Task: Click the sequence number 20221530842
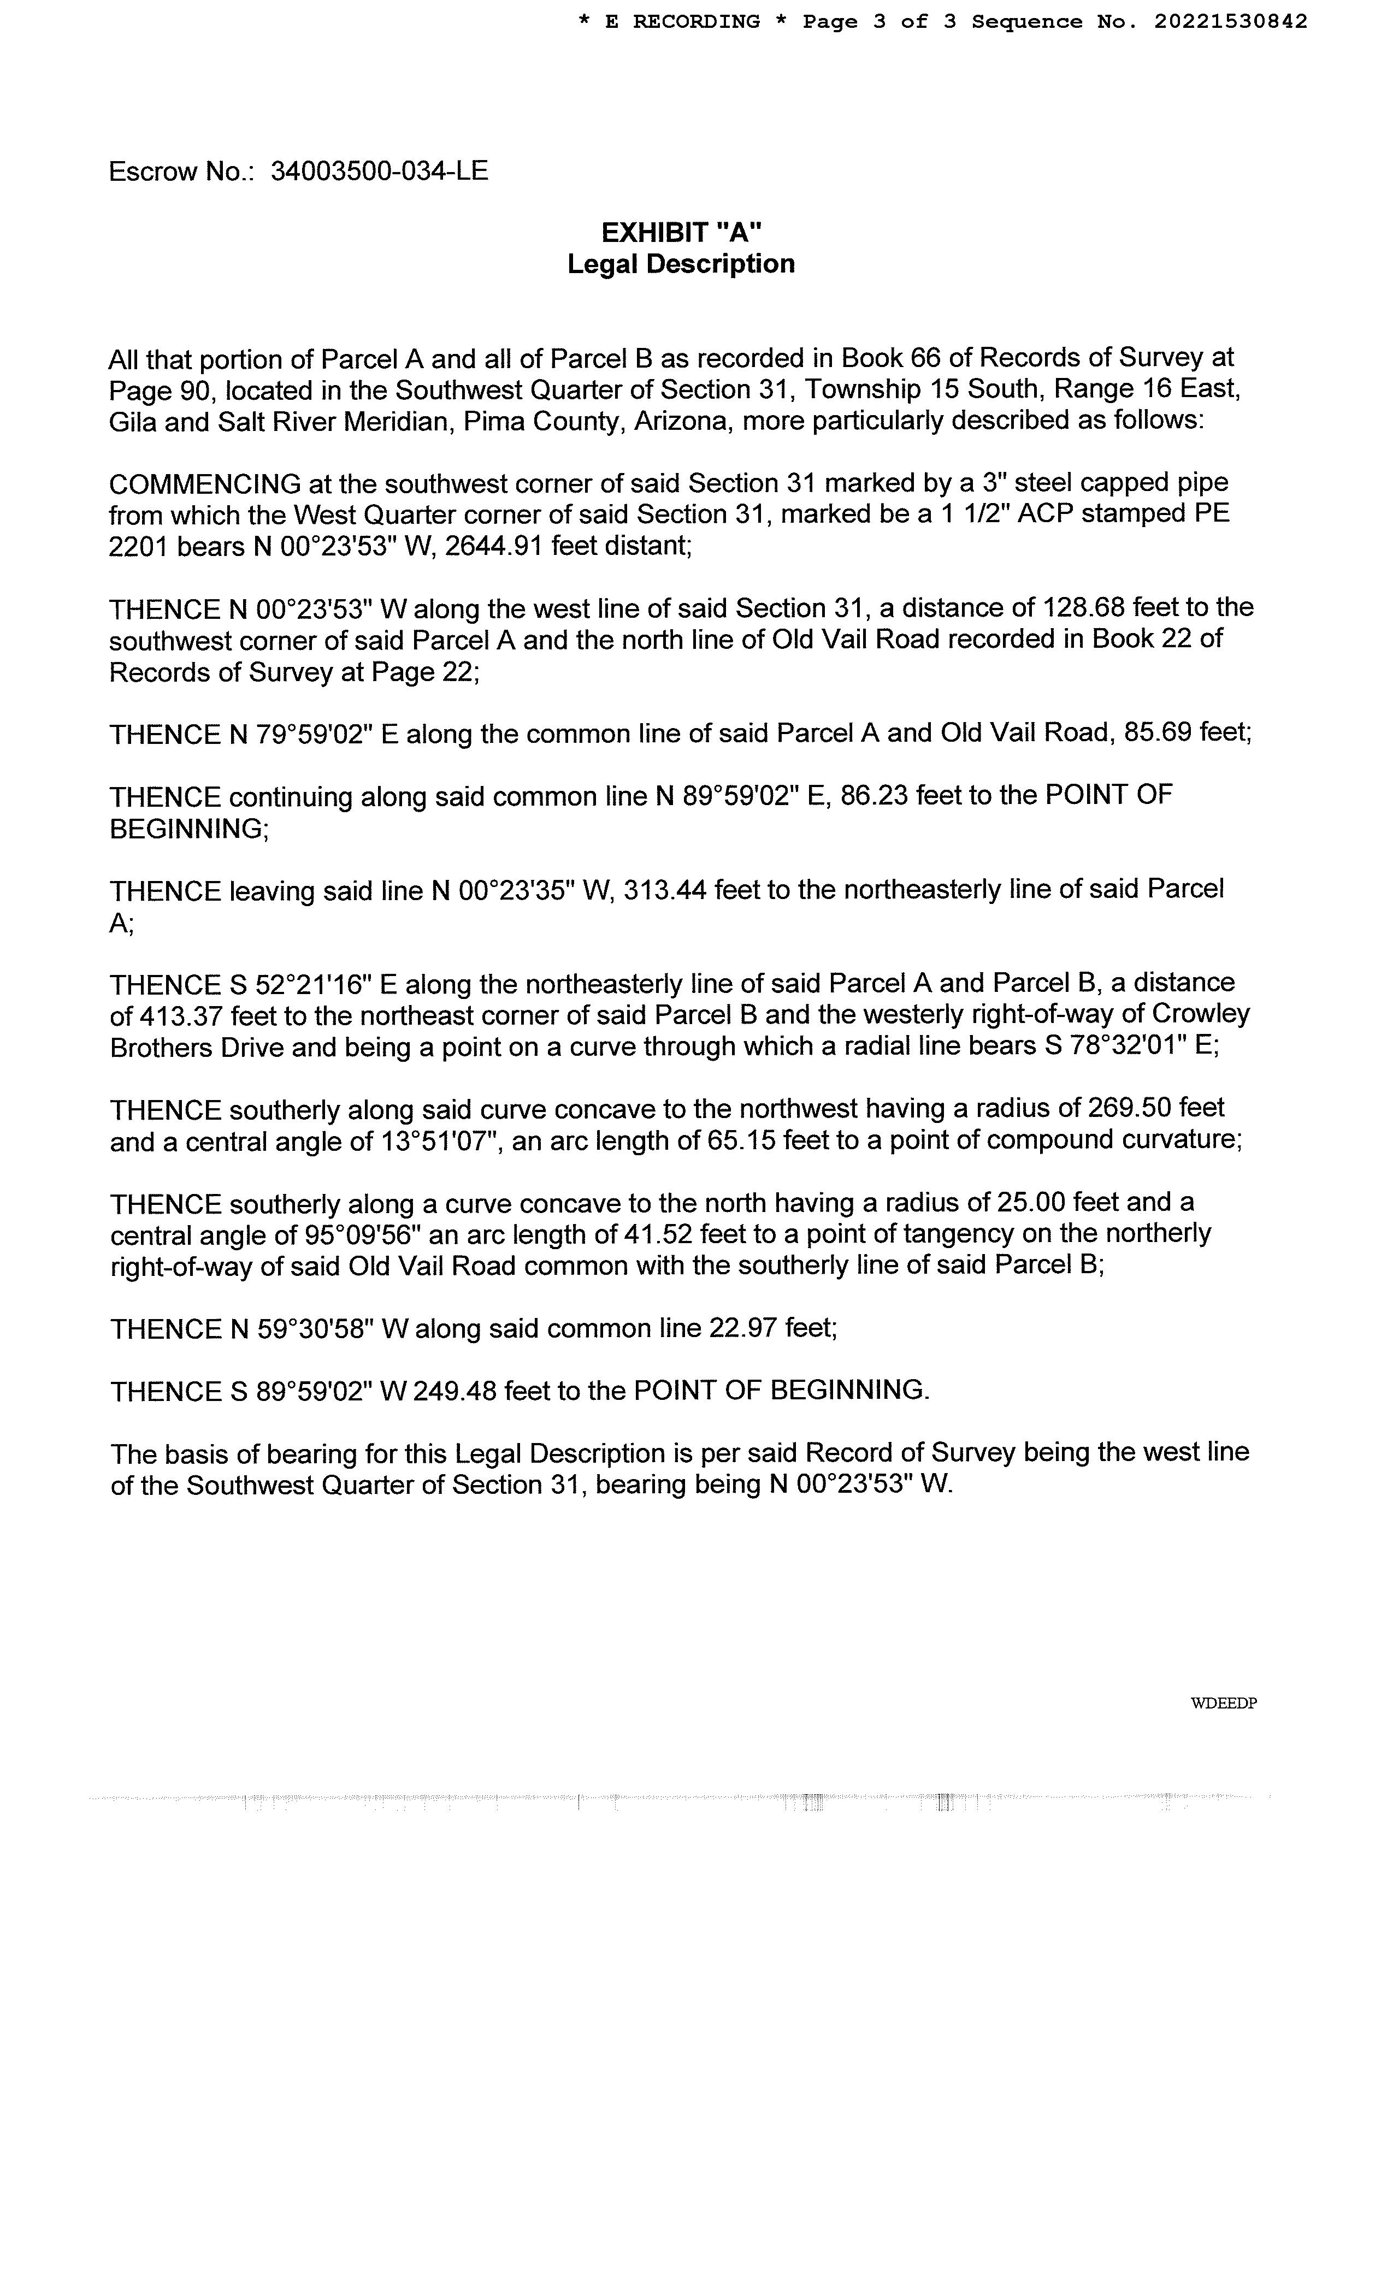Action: pyautogui.click(x=1230, y=21)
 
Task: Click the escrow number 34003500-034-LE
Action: pyautogui.click(x=379, y=172)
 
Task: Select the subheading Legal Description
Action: pyautogui.click(x=681, y=264)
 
